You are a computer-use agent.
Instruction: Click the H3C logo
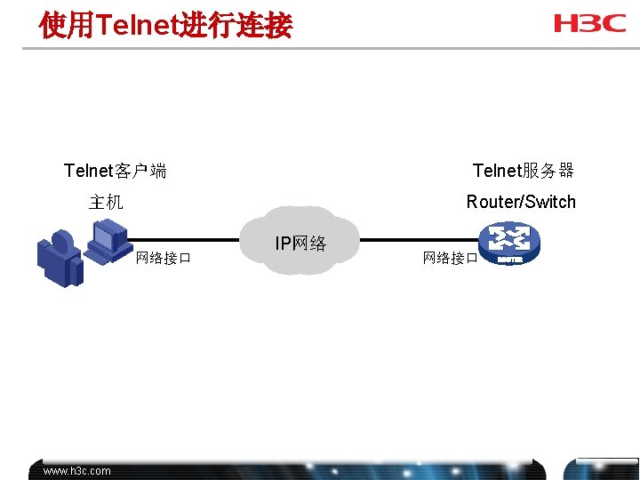click(589, 23)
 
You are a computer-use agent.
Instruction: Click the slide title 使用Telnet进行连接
click(165, 25)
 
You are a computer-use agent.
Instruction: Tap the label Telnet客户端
click(116, 171)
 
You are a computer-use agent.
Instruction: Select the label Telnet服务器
click(524, 171)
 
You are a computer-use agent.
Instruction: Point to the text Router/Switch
click(521, 202)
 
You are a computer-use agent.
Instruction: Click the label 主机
click(106, 202)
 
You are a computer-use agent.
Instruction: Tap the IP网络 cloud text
click(300, 243)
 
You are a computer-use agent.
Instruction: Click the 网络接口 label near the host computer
click(164, 259)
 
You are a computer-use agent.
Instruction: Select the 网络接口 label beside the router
click(451, 259)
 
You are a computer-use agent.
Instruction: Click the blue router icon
click(508, 244)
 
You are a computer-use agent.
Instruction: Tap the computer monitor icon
click(108, 238)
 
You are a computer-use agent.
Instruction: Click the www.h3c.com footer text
click(77, 471)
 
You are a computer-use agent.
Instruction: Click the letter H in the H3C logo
click(566, 23)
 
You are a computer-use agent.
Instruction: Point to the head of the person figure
click(62, 241)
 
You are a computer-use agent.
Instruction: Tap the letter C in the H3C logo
click(614, 23)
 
